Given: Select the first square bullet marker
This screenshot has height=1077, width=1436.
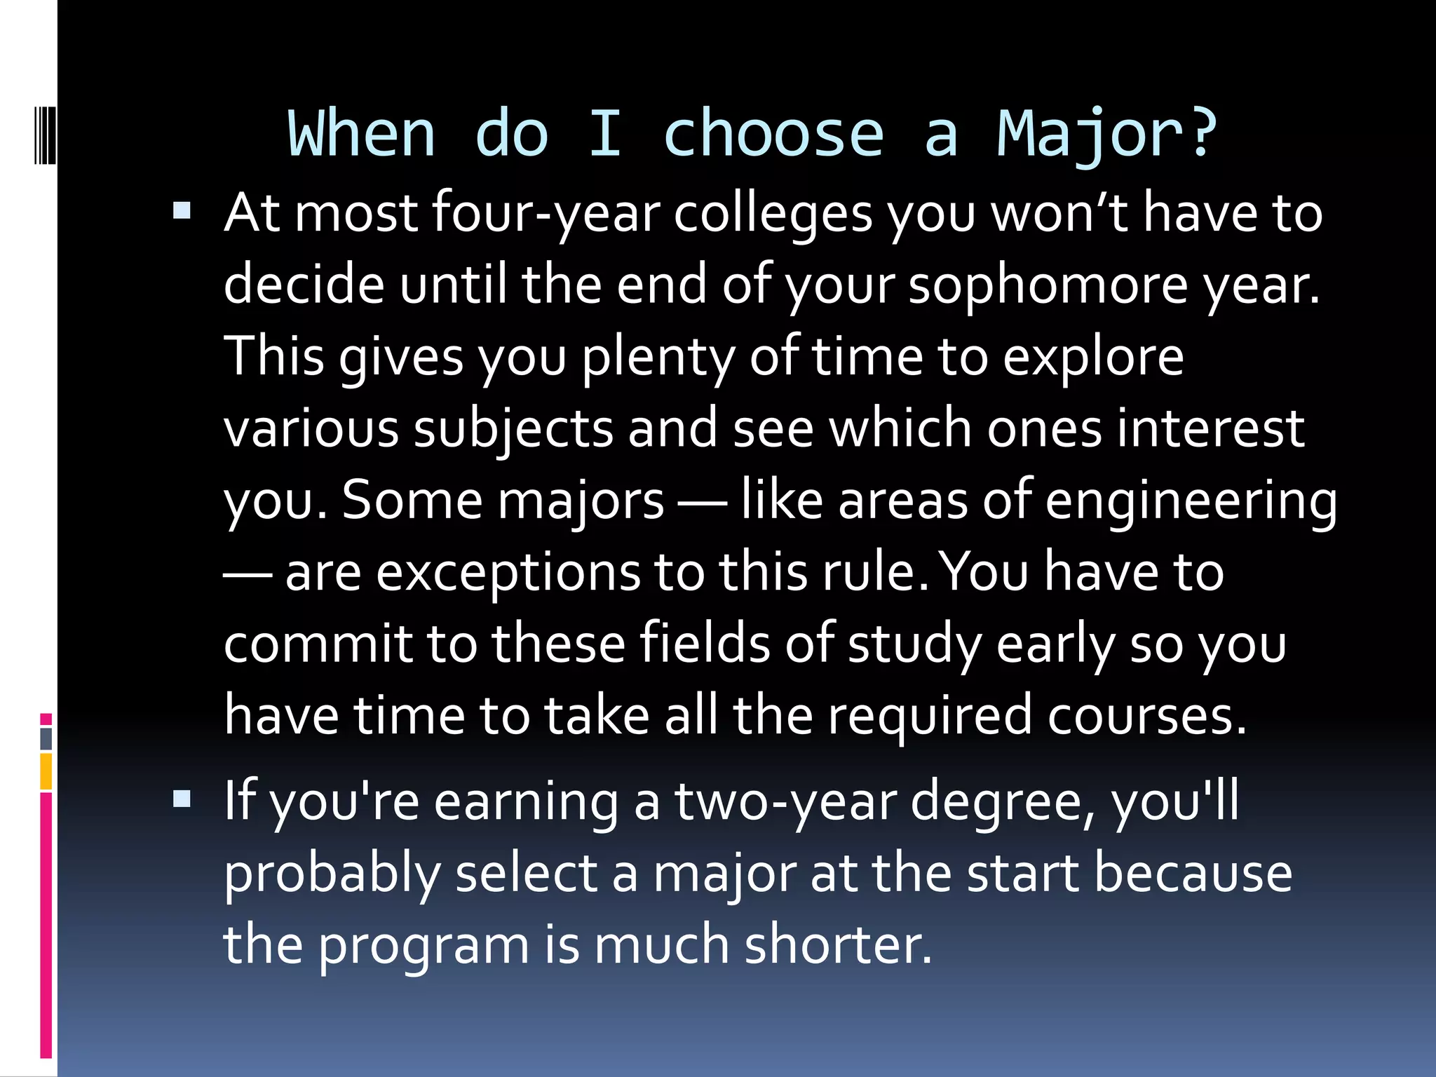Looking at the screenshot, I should tap(182, 210).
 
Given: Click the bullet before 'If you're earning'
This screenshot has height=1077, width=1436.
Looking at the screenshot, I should tap(182, 799).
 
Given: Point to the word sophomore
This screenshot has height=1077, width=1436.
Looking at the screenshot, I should tap(1048, 285).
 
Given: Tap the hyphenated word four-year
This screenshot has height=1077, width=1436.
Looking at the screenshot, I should tap(546, 214).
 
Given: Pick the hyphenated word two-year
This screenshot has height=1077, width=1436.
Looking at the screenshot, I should tap(785, 804).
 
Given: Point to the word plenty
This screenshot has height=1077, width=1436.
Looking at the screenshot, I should tap(658, 358).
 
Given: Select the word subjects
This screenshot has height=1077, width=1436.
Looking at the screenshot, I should tap(513, 430).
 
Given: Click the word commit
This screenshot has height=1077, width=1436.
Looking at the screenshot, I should tap(318, 644).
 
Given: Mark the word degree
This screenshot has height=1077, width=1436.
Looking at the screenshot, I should tap(1003, 804).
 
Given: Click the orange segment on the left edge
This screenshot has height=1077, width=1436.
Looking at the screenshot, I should tap(46, 771).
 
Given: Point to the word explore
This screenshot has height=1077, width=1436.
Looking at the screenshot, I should tap(1093, 358).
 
